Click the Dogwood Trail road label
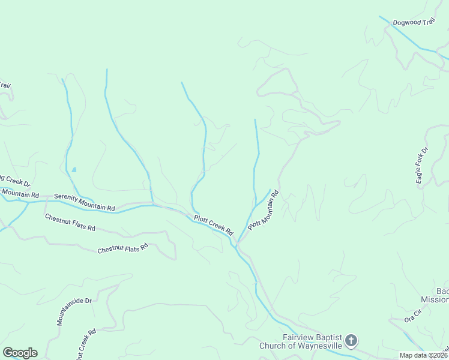[x=413, y=23]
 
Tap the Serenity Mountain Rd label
[x=84, y=202]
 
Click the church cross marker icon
[x=351, y=341]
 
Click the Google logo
[x=20, y=352]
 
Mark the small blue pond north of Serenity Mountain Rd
[x=74, y=170]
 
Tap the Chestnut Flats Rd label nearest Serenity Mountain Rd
[x=70, y=222]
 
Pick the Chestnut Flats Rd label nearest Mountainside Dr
[x=122, y=247]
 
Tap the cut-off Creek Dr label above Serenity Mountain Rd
[x=14, y=184]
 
